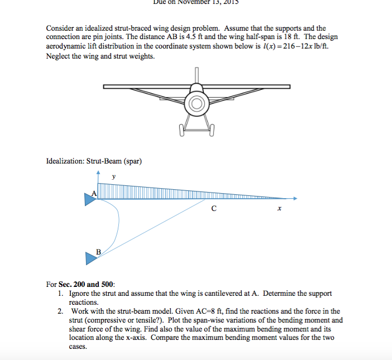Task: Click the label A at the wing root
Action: click(94, 193)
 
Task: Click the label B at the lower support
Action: click(99, 252)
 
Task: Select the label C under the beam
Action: click(214, 209)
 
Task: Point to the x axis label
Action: click(279, 209)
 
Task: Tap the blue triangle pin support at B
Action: click(90, 257)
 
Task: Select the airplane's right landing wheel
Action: click(212, 132)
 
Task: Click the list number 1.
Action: click(60, 293)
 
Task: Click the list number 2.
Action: click(60, 311)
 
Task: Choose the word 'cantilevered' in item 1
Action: click(217, 293)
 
